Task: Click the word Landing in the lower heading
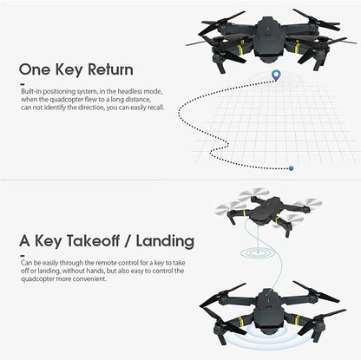[x=162, y=239]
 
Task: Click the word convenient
[x=95, y=278]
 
